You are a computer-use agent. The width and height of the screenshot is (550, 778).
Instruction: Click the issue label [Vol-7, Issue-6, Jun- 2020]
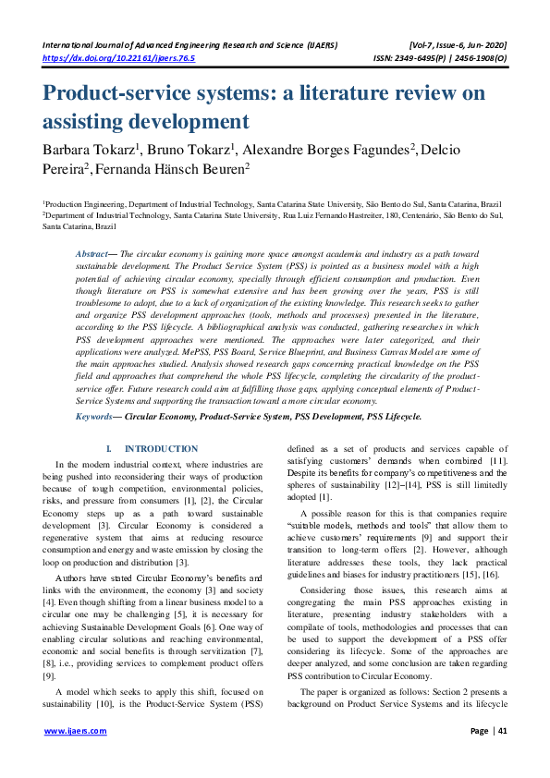(458, 44)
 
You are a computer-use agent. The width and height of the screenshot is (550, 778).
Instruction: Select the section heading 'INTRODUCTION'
(161, 448)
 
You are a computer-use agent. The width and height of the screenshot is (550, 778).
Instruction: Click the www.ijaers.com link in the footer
(76, 730)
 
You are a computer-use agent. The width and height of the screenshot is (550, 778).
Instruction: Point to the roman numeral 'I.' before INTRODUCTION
(111, 448)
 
